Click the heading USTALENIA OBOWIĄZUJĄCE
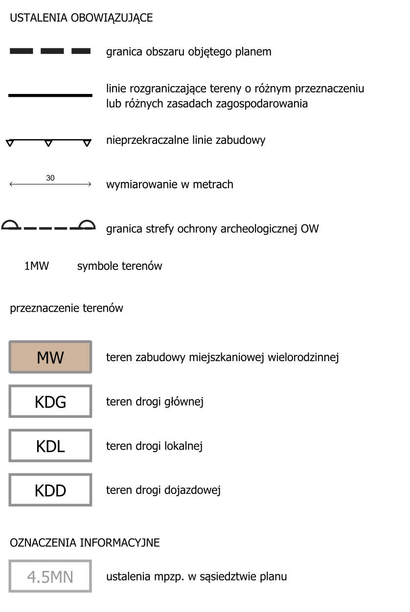point(81,18)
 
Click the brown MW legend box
point(50,357)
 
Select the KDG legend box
point(50,402)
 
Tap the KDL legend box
point(50,446)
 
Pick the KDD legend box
point(50,490)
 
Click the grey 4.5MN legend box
point(50,576)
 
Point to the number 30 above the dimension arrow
point(50,178)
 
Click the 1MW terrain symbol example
point(37,266)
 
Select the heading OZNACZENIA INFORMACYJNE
point(85,543)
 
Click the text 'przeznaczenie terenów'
point(67,309)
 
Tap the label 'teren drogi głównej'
point(155,402)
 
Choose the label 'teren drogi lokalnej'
point(154,446)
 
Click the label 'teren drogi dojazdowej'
point(163,490)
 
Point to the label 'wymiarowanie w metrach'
point(170,184)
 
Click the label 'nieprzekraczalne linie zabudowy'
point(186,140)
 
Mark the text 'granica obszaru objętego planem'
point(189,51)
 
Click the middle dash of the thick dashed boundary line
point(52,51)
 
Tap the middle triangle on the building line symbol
point(48,143)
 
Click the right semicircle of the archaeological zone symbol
point(88,225)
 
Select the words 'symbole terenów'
point(119,266)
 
